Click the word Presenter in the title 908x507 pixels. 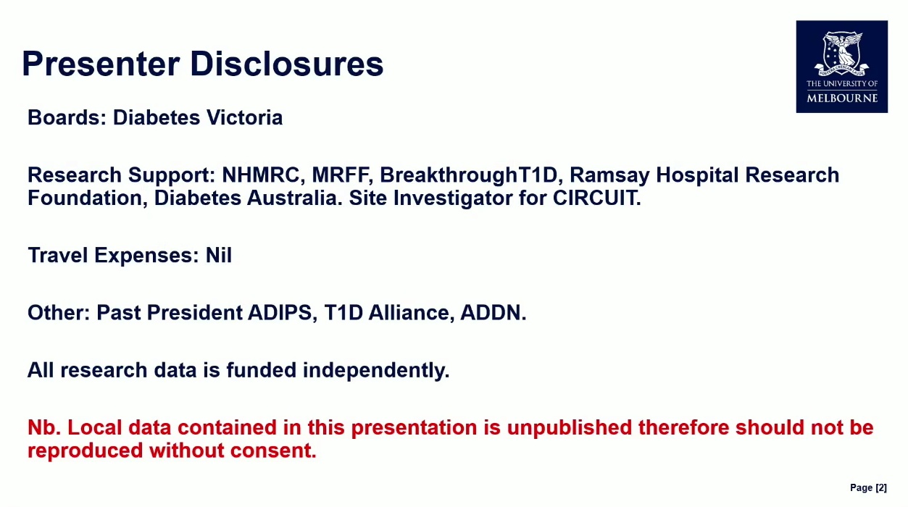[x=101, y=64]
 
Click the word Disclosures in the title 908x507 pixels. [x=286, y=64]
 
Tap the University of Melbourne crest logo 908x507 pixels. [x=842, y=67]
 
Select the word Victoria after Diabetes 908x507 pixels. [x=244, y=117]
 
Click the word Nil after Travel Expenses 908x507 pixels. [x=219, y=256]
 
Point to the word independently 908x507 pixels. [x=376, y=371]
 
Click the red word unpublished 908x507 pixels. [x=570, y=428]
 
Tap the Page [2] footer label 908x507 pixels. [x=868, y=487]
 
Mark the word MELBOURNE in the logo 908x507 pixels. [x=842, y=98]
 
